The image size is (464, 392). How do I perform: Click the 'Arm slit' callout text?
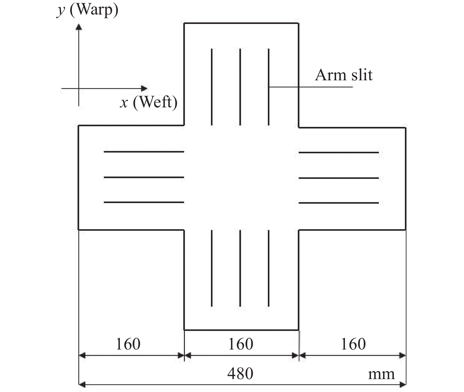[344, 75]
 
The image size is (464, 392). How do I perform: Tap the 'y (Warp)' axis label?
[87, 10]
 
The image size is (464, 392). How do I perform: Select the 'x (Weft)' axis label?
[149, 102]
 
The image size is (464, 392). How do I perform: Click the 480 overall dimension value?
[240, 373]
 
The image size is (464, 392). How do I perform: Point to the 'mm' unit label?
[381, 375]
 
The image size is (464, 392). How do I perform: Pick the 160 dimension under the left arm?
[128, 344]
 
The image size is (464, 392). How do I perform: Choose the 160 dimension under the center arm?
[241, 344]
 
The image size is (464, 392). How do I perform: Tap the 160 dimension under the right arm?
[353, 344]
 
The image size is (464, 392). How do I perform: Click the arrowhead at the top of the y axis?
[79, 27]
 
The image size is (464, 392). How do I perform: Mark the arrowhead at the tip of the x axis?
[144, 88]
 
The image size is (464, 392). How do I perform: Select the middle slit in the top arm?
[240, 87]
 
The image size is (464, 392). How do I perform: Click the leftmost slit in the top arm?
[212, 87]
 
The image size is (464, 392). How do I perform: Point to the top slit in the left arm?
[144, 152]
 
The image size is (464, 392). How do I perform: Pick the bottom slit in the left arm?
[144, 202]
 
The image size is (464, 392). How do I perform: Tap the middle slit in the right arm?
[339, 178]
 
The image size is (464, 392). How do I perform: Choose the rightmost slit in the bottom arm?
[269, 268]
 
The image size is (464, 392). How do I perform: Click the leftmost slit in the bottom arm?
[212, 268]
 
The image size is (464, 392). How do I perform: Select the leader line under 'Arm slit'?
[311, 87]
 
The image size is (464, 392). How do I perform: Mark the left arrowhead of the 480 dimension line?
[82, 384]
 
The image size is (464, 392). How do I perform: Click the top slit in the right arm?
[339, 153]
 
